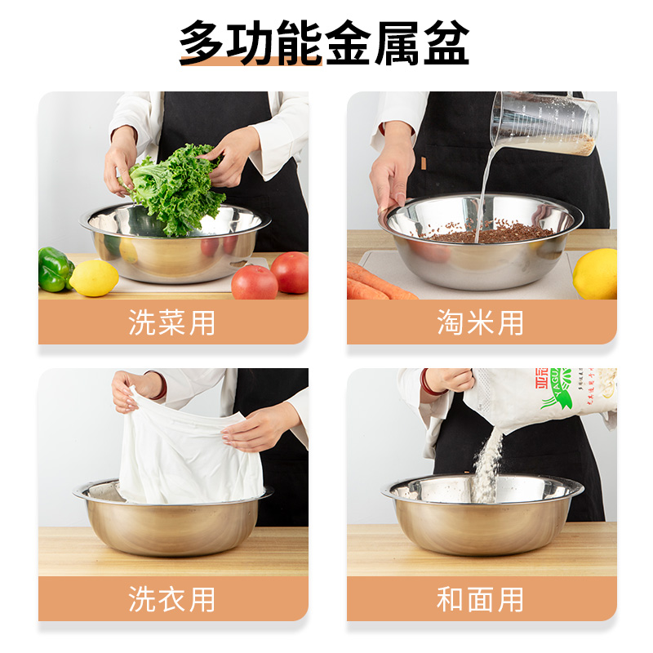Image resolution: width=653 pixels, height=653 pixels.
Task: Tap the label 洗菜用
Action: pyautogui.click(x=172, y=322)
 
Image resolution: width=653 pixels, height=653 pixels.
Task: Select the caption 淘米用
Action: pyautogui.click(x=480, y=322)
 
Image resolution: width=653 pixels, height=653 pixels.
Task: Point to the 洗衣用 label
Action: pyautogui.click(x=172, y=599)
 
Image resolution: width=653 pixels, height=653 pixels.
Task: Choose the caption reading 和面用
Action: pyautogui.click(x=480, y=599)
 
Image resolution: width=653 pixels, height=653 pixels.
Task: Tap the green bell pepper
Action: pyautogui.click(x=55, y=269)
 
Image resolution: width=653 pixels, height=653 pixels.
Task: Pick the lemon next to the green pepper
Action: pyautogui.click(x=95, y=278)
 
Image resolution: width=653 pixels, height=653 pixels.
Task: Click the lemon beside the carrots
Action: pyautogui.click(x=596, y=274)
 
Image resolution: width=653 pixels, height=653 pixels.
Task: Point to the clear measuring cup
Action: pyautogui.click(x=545, y=122)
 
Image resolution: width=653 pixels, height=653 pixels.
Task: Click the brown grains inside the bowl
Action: pyautogui.click(x=490, y=233)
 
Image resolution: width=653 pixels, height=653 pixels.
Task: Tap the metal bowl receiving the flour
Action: pyautogui.click(x=483, y=522)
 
